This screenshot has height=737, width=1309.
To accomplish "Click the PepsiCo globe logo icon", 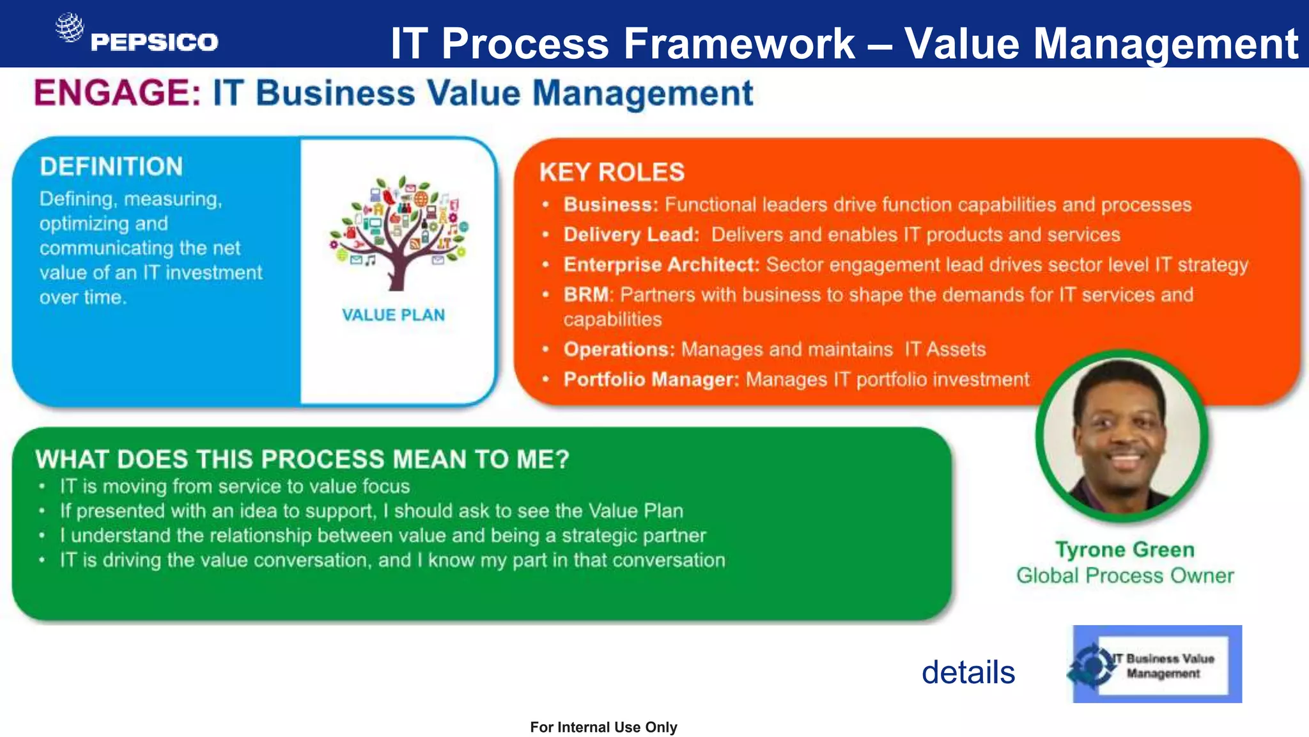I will pyautogui.click(x=69, y=28).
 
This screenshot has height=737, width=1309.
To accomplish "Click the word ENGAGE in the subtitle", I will pyautogui.click(x=117, y=93).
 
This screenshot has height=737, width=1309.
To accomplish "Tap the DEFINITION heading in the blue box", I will pyautogui.click(x=111, y=166).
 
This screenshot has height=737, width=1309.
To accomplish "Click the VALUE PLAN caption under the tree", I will pyautogui.click(x=393, y=315).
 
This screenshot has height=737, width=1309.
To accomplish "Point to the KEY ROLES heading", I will pyautogui.click(x=612, y=172).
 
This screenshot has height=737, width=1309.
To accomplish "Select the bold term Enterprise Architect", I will pyautogui.click(x=661, y=264).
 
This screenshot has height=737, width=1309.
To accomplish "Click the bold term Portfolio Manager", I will pyautogui.click(x=651, y=379).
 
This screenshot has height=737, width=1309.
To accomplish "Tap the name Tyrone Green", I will pyautogui.click(x=1124, y=550).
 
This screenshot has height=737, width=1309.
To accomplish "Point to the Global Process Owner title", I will pyautogui.click(x=1125, y=575).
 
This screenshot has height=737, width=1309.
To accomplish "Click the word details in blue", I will pyautogui.click(x=968, y=672).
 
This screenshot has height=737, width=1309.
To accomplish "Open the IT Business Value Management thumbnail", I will pyautogui.click(x=1157, y=664).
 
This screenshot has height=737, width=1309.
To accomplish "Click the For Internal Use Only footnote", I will pyautogui.click(x=603, y=727).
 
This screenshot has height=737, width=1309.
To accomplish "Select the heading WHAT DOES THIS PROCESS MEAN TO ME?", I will pyautogui.click(x=302, y=459).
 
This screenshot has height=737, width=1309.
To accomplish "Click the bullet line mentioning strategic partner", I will pyautogui.click(x=383, y=535).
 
